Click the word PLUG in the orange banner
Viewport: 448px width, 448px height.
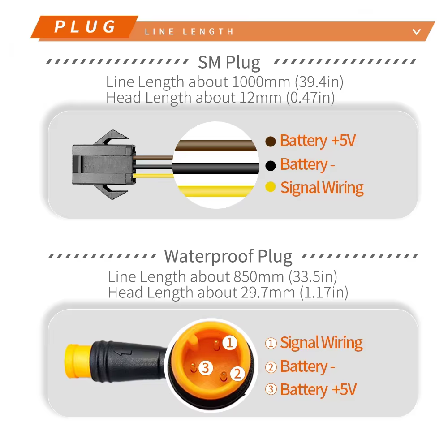pos(85,27)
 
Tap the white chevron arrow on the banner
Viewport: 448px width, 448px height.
pos(417,32)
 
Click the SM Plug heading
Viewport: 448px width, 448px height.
pos(229,63)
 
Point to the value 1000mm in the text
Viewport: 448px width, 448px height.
pos(261,82)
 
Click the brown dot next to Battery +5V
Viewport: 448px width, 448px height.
pos(270,141)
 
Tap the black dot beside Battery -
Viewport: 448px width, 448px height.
pos(270,165)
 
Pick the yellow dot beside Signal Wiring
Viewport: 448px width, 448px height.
pos(270,187)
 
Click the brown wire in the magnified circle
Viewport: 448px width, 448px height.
pos(216,145)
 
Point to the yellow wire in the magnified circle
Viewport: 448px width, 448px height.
pos(216,191)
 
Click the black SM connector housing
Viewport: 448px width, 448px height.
pos(103,164)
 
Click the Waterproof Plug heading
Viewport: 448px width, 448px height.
pos(228,256)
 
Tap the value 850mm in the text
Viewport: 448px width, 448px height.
pos(258,277)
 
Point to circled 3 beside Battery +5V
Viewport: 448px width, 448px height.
pos(271,389)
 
